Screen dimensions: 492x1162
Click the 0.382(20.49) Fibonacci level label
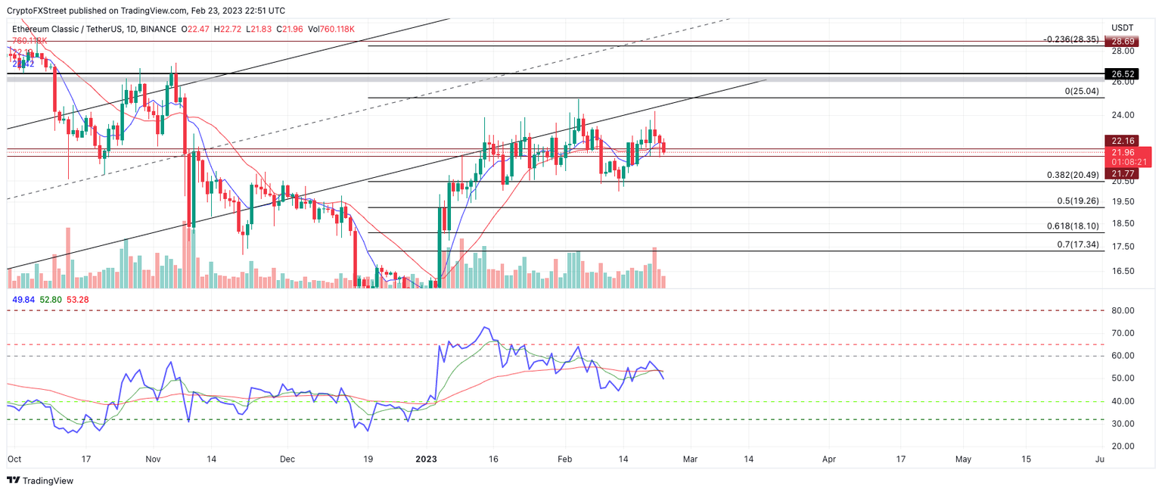(x=1075, y=175)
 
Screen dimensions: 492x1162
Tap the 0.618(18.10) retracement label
(x=1075, y=226)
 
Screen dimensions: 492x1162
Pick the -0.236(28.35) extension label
(x=1072, y=39)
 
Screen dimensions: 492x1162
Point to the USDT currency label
(x=1122, y=28)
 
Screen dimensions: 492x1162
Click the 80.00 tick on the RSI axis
(x=1123, y=311)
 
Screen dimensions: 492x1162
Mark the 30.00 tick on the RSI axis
(x=1123, y=424)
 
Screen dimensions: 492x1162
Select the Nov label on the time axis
(x=153, y=459)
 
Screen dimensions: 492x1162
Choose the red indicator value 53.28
(x=77, y=300)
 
